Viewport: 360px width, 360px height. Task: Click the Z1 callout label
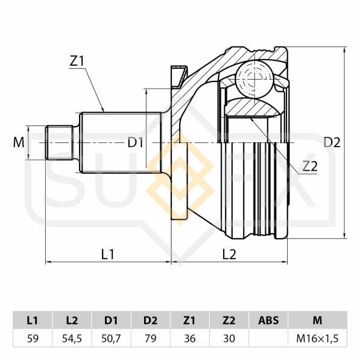point(77,61)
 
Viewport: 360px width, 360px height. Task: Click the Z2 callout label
point(310,166)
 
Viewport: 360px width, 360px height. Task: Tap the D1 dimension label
point(135,143)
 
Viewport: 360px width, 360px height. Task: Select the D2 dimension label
point(332,143)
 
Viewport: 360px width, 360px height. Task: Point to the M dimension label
point(19,143)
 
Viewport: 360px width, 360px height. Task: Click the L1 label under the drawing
point(107,254)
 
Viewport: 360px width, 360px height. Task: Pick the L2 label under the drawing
point(229,254)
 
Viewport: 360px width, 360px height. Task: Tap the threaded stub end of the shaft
point(60,143)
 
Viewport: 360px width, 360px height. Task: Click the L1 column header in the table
point(33,320)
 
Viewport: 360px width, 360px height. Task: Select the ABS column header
point(268,320)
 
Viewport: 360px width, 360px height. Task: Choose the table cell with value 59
point(33,338)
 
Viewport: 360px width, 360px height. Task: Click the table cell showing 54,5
point(72,338)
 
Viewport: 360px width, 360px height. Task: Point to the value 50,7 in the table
point(112,338)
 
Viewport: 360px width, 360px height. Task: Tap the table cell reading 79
point(151,338)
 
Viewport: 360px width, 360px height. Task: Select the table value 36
point(190,338)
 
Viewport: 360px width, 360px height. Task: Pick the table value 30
point(229,338)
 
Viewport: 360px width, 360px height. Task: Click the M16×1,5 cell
point(318,338)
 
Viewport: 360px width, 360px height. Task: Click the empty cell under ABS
point(268,338)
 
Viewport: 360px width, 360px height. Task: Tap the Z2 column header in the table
point(229,320)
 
